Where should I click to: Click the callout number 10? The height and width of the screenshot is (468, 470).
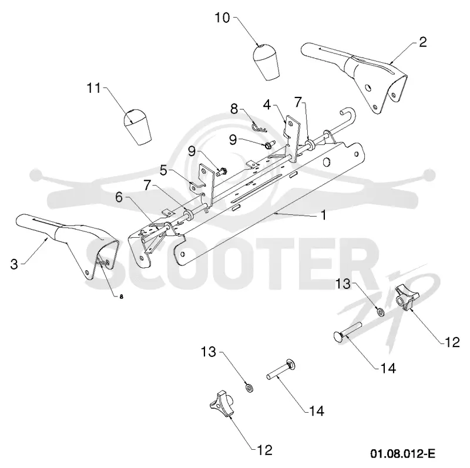(x=222, y=18)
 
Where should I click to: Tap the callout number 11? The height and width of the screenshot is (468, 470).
(x=93, y=88)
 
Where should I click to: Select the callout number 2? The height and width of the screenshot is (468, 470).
(x=422, y=42)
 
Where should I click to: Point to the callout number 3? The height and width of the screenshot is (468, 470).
(x=14, y=264)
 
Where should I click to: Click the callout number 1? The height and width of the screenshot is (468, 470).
(x=324, y=215)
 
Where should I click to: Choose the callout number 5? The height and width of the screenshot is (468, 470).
(x=163, y=170)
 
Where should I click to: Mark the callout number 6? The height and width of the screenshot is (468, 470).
(x=119, y=197)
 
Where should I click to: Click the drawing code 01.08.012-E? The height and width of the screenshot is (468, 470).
(x=402, y=453)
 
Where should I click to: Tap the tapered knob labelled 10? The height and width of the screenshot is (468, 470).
(x=266, y=62)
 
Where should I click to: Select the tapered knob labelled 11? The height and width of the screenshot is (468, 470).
(x=137, y=127)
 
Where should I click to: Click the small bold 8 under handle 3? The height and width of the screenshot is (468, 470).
(x=121, y=297)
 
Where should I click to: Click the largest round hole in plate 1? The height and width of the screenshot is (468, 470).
(x=326, y=162)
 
